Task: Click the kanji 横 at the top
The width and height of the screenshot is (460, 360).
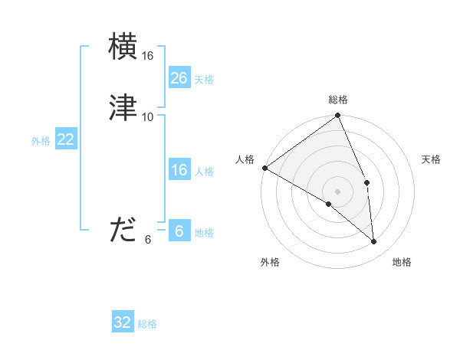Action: point(123,47)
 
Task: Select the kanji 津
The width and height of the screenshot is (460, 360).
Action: point(123,107)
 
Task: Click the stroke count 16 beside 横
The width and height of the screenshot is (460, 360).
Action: point(148,56)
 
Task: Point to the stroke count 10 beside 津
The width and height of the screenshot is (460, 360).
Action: point(148,116)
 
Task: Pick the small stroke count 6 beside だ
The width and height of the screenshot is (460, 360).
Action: point(148,239)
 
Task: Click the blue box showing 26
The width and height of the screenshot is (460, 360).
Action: point(179,78)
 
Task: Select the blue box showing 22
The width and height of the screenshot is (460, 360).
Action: point(65,139)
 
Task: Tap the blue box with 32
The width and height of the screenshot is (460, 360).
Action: point(123,322)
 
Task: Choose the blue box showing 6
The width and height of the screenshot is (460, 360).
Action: point(179,231)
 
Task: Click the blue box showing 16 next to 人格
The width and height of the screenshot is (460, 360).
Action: point(179,170)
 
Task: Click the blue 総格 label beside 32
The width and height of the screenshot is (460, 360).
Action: point(147,324)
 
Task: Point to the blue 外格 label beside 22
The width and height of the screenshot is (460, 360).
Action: point(41,141)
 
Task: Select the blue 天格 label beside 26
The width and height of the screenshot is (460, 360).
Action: point(204,80)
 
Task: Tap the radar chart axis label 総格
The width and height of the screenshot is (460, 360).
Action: point(338,100)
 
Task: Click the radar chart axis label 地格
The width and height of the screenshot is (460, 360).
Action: point(402,262)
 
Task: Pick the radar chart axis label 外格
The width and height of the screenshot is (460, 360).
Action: point(270,262)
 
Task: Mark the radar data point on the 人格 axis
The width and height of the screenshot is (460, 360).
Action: point(264,168)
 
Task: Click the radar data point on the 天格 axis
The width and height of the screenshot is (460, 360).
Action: point(367,182)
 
